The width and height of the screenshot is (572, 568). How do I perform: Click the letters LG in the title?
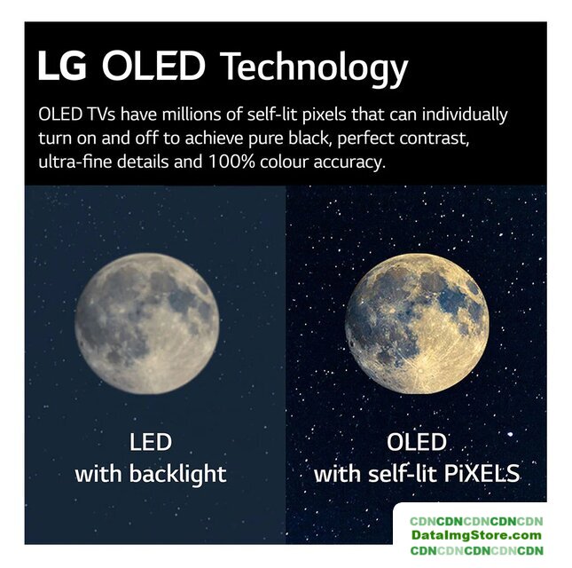pos(62,66)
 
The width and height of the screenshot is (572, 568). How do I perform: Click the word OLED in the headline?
pos(153,66)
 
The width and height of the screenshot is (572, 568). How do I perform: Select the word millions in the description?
pos(191,114)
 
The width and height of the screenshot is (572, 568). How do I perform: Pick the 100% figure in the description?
pos(231,162)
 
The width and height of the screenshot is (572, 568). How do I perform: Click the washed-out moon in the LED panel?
pos(147,323)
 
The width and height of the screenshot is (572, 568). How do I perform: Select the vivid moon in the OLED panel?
pos(417,323)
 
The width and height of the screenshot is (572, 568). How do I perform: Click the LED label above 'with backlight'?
pos(150,442)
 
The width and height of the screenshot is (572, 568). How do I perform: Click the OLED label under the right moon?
pos(417,442)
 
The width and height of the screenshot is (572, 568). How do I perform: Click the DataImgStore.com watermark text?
pos(476,535)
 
